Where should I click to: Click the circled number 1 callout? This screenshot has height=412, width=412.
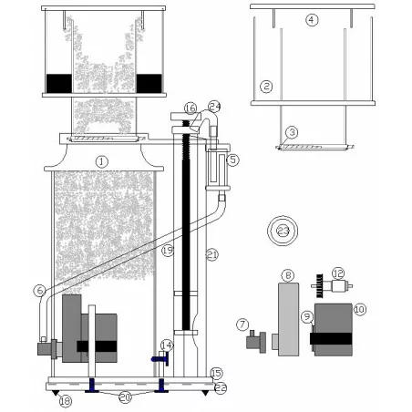coord(102,161)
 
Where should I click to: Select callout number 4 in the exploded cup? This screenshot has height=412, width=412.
coord(312,19)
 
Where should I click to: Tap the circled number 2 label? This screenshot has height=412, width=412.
coord(266,87)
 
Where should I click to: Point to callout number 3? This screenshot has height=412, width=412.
coord(292,132)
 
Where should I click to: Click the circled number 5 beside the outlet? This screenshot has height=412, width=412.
coord(233,160)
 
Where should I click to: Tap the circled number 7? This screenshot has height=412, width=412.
coord(242,324)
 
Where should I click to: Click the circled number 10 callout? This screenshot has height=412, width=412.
coord(359,310)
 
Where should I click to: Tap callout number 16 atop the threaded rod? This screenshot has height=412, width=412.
coord(190,108)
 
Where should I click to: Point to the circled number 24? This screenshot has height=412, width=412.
coord(214,105)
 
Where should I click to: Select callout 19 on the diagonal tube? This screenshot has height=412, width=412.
coord(167,250)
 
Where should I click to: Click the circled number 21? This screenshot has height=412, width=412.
coord(211,253)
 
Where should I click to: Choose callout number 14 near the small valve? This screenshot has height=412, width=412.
coord(165,345)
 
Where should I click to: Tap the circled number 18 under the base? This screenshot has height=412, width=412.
coord(64,401)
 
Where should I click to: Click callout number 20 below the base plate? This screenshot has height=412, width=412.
coord(126,397)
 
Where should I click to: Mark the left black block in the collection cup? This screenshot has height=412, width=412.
coord(58,82)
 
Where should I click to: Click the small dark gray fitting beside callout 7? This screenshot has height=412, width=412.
coord(256,344)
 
